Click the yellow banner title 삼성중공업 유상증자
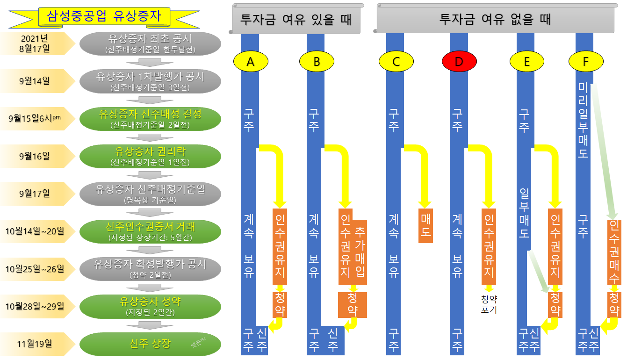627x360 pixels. tap(104, 17)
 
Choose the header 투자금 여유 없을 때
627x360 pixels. tap(496, 20)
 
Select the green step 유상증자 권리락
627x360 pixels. tap(150, 156)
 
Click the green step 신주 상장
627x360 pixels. tap(150, 344)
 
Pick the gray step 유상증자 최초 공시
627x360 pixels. tap(150, 43)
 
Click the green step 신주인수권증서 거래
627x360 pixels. tap(150, 231)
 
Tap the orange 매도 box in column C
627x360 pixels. tap(425, 225)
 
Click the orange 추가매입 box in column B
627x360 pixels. tap(360, 252)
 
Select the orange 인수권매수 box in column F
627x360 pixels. tap(614, 252)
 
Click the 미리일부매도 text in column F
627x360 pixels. tap(583, 120)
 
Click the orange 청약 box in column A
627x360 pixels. tap(280, 305)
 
